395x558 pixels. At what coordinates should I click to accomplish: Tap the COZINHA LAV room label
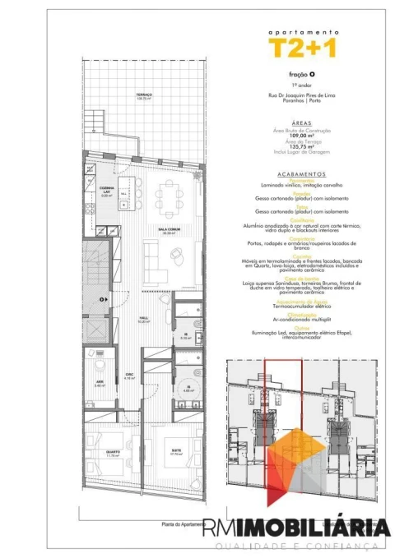(x=105, y=191)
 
